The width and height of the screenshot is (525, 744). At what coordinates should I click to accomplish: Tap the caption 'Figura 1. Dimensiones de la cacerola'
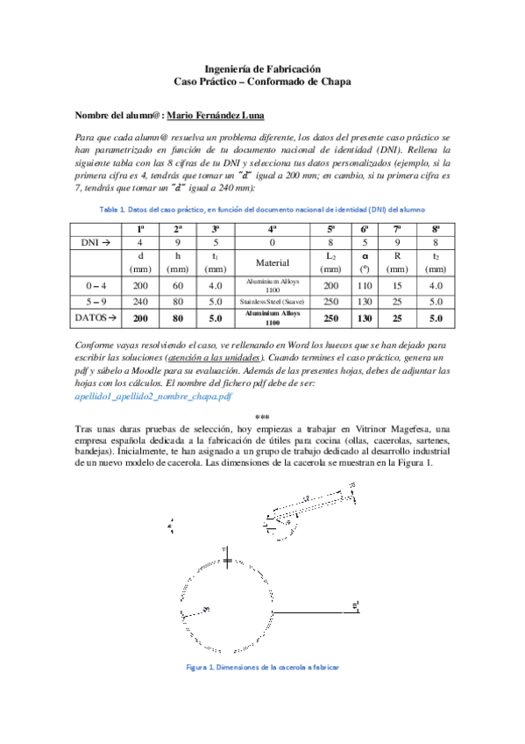[x=262, y=667]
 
